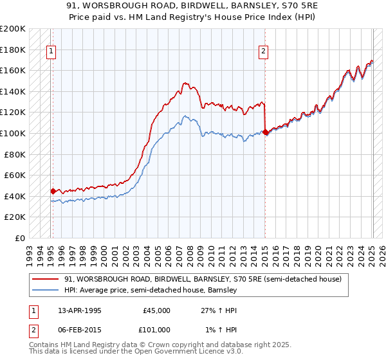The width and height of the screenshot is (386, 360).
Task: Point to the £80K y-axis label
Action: [15, 154]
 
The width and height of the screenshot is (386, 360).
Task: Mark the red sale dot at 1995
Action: [53, 191]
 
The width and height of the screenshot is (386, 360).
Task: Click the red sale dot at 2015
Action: [265, 132]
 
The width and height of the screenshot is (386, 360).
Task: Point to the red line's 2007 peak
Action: [185, 83]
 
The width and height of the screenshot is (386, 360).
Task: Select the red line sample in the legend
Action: [46, 279]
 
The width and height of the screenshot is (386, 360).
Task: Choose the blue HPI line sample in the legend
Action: [46, 290]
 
